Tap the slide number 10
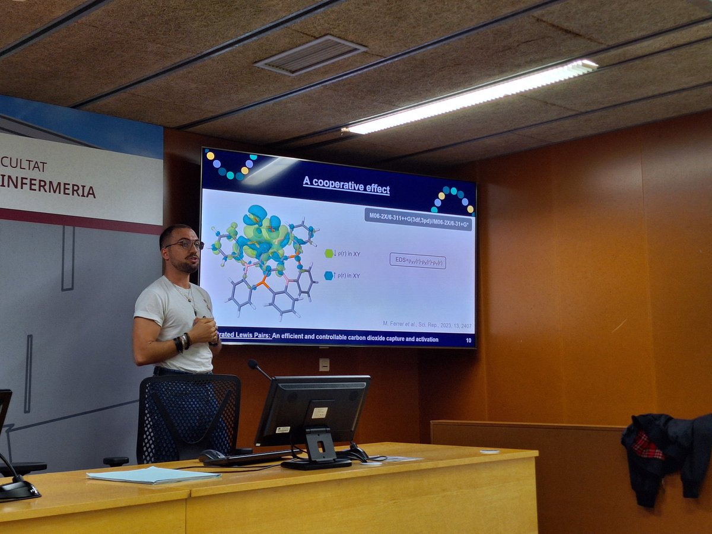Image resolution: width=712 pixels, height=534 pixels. [468, 341]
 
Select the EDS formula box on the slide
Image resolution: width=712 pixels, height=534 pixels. [417, 261]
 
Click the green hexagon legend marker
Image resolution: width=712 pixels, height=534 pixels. [329, 253]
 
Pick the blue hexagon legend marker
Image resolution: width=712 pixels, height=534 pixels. [329, 275]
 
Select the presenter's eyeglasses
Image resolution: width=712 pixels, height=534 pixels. [186, 244]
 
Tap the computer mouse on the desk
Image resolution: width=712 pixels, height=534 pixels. [212, 456]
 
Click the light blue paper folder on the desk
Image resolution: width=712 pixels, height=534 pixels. [153, 475]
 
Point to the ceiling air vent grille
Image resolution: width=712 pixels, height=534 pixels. [310, 55]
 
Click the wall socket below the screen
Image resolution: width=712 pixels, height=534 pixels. [324, 364]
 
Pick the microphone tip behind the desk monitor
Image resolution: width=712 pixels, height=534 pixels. [252, 363]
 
